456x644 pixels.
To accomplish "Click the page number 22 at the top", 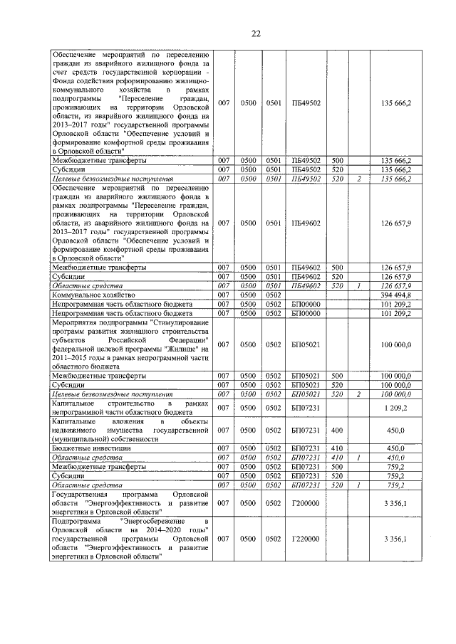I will [228, 33].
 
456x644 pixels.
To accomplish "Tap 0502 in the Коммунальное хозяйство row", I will [274, 294].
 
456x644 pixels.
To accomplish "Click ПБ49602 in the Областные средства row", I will [306, 285].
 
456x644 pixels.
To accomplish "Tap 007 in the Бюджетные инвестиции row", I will [224, 448].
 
